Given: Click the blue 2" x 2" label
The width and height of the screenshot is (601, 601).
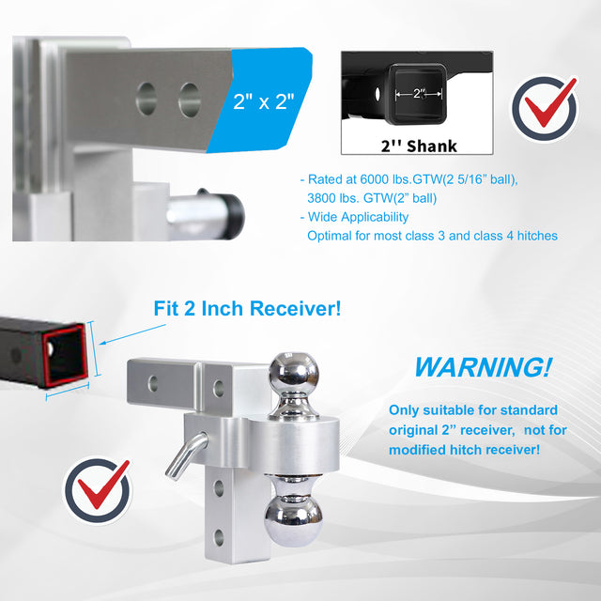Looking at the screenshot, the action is tap(263, 101).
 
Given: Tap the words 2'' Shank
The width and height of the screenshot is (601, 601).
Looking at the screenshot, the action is tap(419, 146).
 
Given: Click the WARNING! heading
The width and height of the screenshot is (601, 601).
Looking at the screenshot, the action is tap(484, 367).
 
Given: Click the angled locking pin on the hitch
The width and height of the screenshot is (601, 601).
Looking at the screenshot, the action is tap(187, 455).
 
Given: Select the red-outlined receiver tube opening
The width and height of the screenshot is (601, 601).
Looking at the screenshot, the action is tap(64, 355).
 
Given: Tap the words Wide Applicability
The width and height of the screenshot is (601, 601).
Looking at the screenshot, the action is tap(358, 217).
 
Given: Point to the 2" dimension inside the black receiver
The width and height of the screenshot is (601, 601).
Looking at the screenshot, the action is tap(419, 93).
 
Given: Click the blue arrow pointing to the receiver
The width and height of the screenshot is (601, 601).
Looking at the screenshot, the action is tap(132, 334).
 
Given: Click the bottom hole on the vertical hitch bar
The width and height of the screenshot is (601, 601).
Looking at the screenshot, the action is tap(219, 537).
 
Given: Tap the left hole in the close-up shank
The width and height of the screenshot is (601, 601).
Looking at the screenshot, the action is tap(146, 99).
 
